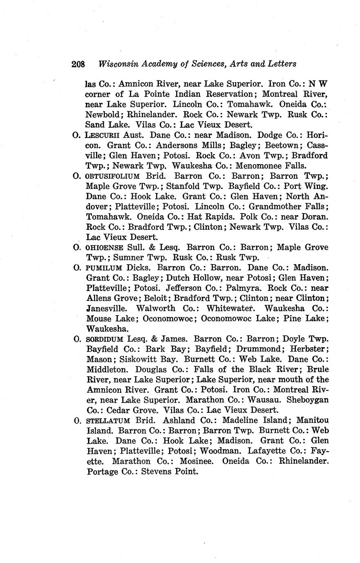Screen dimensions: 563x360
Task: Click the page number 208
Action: coord(78,64)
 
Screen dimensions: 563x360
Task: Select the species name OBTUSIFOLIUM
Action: coord(113,176)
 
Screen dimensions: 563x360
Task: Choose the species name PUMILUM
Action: coord(104,268)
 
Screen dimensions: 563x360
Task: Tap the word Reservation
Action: coord(226,94)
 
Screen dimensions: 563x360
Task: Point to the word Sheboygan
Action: coord(308,400)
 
